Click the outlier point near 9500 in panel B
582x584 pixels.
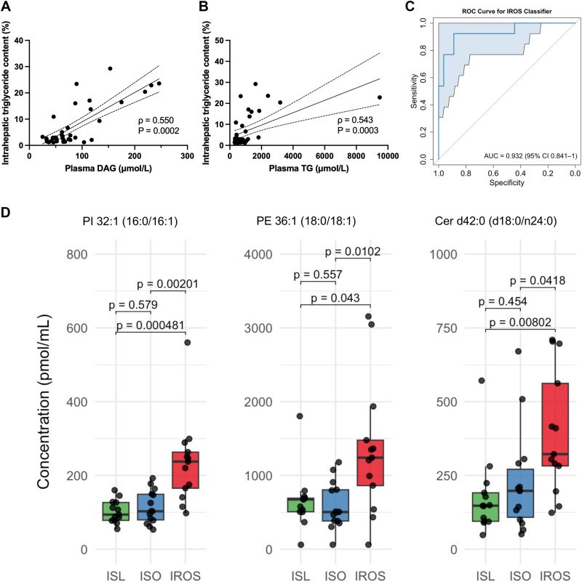click(x=379, y=97)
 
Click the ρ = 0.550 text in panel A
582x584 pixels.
click(x=156, y=117)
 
